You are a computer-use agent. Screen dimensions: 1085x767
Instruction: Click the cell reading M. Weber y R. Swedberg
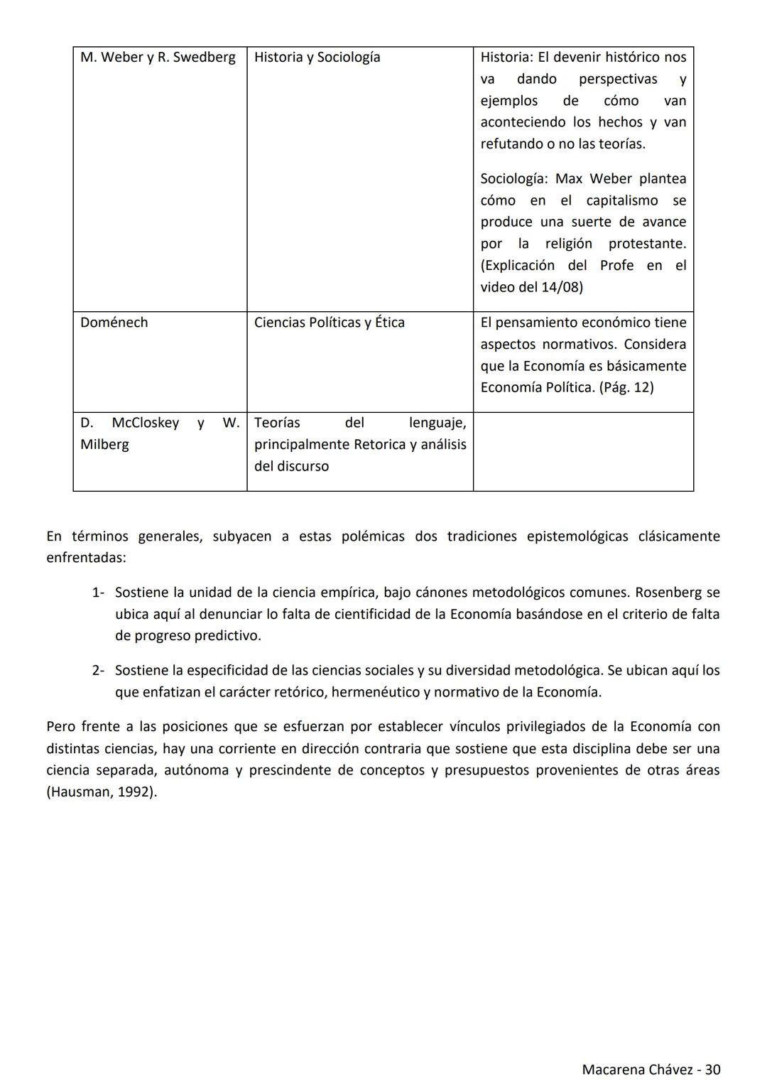point(158,58)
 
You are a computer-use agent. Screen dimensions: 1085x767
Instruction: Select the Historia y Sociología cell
point(317,58)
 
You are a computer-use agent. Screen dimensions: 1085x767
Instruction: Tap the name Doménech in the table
point(114,323)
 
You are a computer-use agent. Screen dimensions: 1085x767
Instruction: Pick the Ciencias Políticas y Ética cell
point(329,323)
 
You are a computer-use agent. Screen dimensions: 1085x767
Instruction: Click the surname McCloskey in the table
point(145,423)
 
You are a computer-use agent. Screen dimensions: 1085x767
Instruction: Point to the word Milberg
point(104,445)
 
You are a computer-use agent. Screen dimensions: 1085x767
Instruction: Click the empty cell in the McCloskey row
point(583,451)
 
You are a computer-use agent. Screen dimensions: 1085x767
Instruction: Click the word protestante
point(646,244)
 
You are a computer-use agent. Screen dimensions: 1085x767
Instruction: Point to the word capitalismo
point(621,200)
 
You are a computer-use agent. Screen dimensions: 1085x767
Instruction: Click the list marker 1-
point(98,593)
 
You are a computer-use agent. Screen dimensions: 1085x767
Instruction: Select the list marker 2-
point(98,671)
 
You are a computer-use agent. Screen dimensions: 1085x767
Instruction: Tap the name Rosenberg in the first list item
point(668,593)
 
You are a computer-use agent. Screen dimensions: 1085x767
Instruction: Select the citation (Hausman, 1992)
point(102,792)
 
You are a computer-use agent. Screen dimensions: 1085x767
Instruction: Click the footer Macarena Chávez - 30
point(651,1069)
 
